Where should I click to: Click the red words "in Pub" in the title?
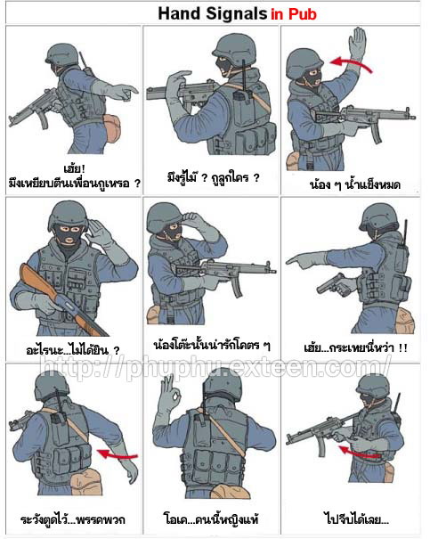294,14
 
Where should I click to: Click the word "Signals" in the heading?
236,14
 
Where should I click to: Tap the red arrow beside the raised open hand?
350,64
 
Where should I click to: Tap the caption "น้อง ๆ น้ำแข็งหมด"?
355,185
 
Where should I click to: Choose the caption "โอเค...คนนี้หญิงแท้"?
212,519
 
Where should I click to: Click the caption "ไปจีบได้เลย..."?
356,519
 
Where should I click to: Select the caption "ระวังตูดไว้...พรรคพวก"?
72,519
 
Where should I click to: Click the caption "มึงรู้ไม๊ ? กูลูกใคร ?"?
214,177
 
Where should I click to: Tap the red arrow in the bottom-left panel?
118,454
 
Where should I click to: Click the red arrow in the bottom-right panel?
359,452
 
